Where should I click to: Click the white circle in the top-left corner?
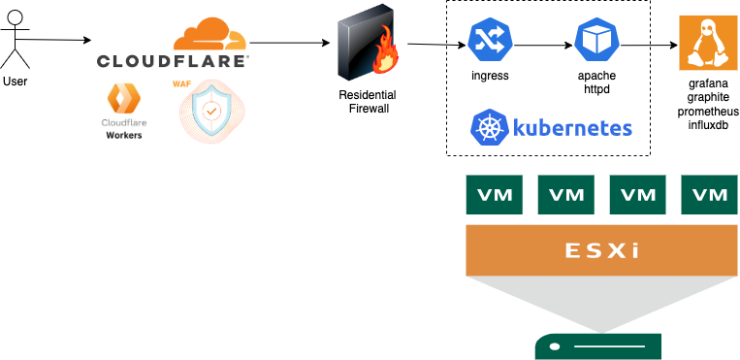click(16, 17)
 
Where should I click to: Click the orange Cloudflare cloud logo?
click(210, 35)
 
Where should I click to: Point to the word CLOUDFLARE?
click(172, 60)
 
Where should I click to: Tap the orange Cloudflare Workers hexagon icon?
click(124, 99)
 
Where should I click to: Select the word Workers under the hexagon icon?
click(124, 136)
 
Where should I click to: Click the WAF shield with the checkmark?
click(210, 114)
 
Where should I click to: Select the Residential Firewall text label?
click(369, 102)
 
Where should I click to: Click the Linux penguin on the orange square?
click(708, 43)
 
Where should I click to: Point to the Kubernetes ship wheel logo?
click(490, 128)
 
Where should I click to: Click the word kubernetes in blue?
click(572, 128)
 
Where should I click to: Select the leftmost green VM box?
click(495, 194)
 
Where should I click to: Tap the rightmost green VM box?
click(710, 194)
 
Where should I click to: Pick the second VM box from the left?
click(565, 194)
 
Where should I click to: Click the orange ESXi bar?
click(602, 250)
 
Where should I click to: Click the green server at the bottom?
click(597, 346)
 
